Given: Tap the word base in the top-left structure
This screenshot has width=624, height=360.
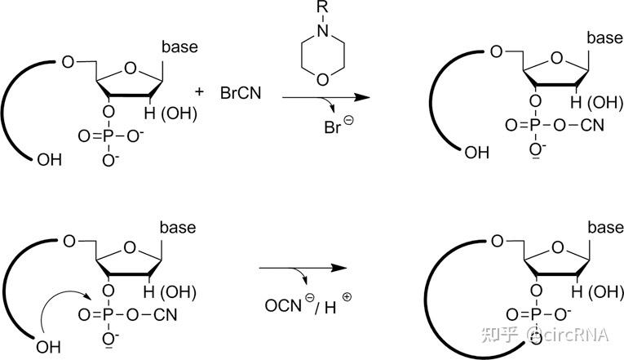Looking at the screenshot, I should tap(179, 47).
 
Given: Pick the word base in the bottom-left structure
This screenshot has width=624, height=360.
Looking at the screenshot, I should tap(177, 227).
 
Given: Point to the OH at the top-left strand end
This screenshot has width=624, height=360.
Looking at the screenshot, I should tap(49, 161).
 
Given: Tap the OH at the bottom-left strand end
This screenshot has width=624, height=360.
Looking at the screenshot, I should tap(49, 346).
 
